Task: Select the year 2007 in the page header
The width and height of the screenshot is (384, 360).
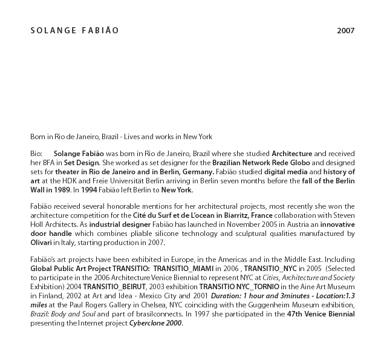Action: (x=345, y=30)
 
